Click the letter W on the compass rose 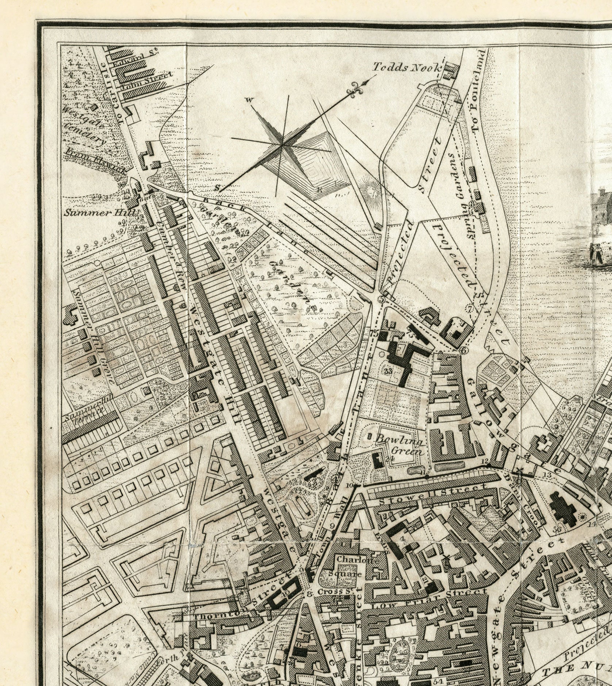[250, 99]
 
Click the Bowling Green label [400, 447]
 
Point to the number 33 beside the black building [388, 371]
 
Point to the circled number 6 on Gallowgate [464, 350]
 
